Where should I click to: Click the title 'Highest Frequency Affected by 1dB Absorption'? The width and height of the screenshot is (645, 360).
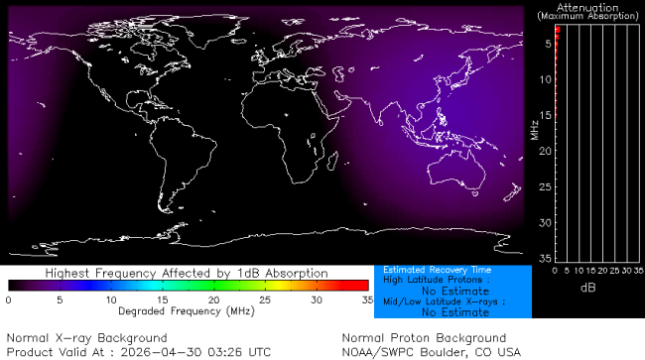point(187,273)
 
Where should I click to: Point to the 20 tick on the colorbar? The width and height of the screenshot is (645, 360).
point(213,299)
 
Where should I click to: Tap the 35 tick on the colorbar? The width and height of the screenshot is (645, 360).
point(366,299)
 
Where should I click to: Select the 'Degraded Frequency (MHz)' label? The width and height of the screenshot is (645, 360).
point(187,311)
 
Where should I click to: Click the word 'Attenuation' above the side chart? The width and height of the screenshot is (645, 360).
point(588,7)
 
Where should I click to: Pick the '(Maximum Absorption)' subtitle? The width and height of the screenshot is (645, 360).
point(588,17)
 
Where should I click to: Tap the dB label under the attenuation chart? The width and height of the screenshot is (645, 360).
point(588,287)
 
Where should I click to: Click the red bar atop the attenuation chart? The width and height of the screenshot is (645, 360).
point(558,33)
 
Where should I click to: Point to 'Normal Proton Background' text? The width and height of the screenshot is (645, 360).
point(424,338)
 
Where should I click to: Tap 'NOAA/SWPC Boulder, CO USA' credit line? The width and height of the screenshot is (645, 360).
point(431,351)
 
